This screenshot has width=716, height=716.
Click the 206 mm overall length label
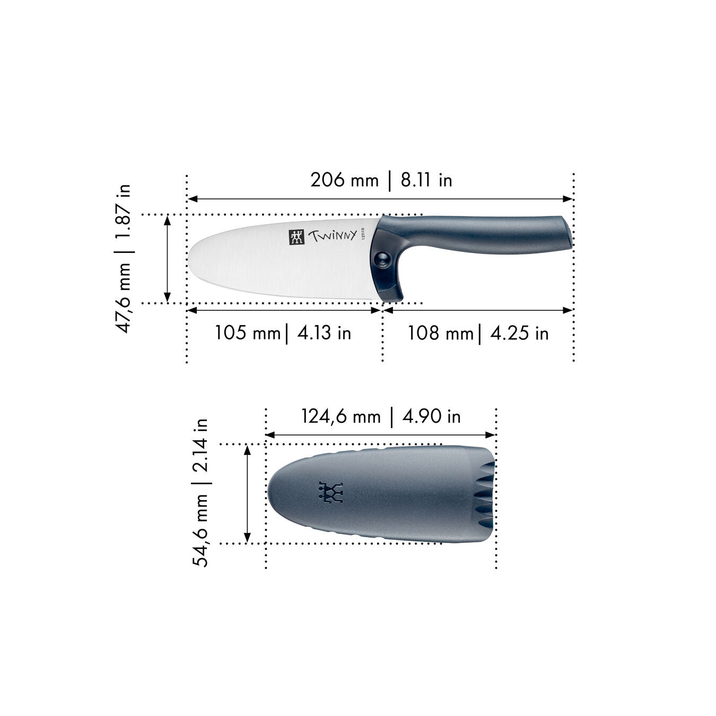click(344, 180)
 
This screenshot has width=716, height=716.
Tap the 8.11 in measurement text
click(426, 180)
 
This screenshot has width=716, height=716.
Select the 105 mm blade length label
click(247, 333)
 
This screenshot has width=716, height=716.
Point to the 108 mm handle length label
click(440, 333)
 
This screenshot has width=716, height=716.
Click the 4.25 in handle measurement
click(519, 333)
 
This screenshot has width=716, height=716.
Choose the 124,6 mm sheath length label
click(341, 416)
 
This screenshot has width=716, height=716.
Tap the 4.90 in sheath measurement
click(431, 416)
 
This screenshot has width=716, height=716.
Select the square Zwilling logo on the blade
click(296, 237)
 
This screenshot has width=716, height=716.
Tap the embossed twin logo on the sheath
click(330, 493)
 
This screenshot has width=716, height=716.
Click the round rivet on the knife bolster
click(381, 258)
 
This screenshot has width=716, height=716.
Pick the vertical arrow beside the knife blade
click(168, 259)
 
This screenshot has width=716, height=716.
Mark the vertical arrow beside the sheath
click(247, 493)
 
